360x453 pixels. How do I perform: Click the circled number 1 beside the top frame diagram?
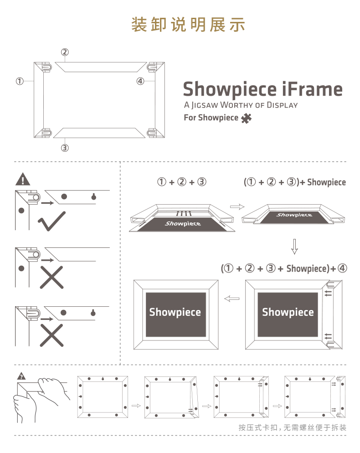tap(20, 81)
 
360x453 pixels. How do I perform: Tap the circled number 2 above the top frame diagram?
tap(65, 52)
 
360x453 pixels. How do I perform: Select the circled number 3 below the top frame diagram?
tap(65, 148)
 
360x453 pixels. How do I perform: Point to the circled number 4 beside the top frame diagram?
tap(140, 81)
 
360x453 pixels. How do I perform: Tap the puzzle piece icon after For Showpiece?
tap(246, 118)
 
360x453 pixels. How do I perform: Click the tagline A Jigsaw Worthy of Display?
tap(241, 105)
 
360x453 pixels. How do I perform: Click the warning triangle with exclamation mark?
tap(22, 179)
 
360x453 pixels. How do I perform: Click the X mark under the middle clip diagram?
tap(52, 278)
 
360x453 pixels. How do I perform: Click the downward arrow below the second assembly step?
tap(294, 246)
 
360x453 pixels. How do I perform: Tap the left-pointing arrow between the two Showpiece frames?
tap(232, 299)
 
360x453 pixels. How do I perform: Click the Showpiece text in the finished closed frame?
tap(175, 312)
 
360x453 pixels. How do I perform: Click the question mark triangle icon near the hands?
tap(21, 376)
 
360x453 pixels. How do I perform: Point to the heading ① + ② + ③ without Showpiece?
tap(182, 182)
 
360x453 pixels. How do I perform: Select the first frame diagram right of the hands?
tap(103, 397)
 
